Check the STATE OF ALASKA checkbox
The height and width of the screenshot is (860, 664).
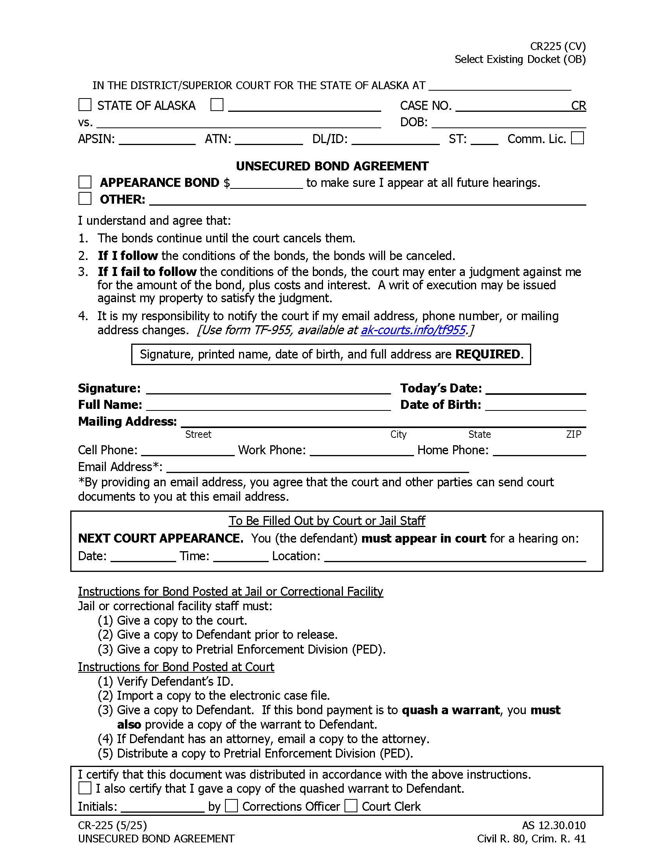[85, 105]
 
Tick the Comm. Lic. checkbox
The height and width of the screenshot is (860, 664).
[577, 138]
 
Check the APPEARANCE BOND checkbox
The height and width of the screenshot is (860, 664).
[85, 182]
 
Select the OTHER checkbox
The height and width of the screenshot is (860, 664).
[85, 199]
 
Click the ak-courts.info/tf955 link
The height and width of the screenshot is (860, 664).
[413, 330]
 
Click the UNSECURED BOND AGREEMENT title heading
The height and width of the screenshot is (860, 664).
[332, 166]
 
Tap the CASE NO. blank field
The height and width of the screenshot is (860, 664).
[511, 106]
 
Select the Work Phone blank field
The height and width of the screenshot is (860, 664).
[362, 450]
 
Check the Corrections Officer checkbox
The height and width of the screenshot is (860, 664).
[231, 806]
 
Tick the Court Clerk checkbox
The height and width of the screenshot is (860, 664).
[350, 806]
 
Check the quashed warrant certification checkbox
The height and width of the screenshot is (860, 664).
[85, 788]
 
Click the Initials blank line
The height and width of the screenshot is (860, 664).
[162, 807]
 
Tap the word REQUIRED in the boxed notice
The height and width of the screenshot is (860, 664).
[487, 355]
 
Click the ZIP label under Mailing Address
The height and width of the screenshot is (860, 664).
[573, 434]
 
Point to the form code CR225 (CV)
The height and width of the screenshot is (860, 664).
[557, 47]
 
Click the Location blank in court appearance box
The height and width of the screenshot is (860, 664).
[455, 556]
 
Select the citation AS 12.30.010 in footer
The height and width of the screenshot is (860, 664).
[553, 825]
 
